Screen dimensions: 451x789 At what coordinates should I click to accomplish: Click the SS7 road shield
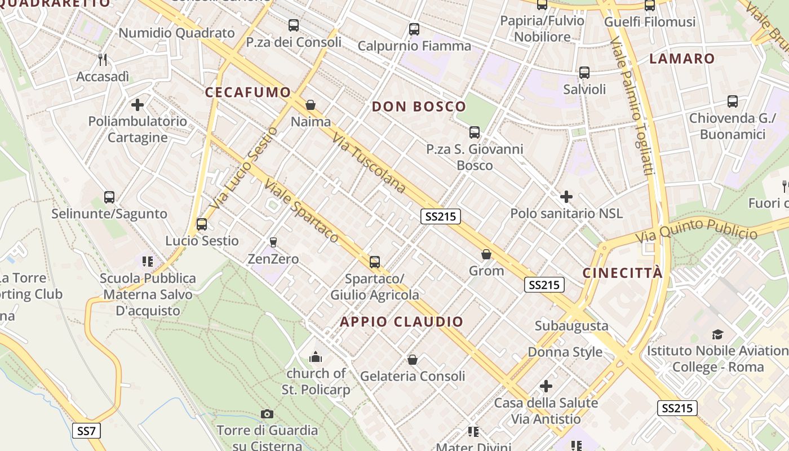(x=86, y=431)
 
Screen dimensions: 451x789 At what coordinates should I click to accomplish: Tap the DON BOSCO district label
(x=419, y=107)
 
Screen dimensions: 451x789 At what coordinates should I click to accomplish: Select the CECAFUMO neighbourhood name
(x=248, y=92)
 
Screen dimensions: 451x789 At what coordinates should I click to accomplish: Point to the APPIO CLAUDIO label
(x=402, y=322)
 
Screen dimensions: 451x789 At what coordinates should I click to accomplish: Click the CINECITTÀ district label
(x=622, y=273)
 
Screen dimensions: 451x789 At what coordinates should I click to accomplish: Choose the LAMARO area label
(x=682, y=59)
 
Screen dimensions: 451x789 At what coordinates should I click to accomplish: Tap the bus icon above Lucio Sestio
(x=202, y=224)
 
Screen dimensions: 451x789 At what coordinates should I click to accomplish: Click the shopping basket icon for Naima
(x=310, y=105)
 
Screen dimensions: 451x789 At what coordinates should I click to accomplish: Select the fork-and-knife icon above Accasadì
(x=103, y=59)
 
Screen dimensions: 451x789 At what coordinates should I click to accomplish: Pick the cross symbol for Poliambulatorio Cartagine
(x=138, y=105)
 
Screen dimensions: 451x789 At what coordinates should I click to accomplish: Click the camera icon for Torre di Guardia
(x=267, y=414)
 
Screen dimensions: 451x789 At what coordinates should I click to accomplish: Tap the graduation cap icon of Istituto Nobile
(x=717, y=334)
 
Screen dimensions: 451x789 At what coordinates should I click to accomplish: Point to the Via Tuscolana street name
(x=369, y=163)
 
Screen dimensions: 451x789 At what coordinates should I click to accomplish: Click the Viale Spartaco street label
(x=302, y=211)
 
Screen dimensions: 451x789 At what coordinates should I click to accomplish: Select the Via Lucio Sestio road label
(x=243, y=167)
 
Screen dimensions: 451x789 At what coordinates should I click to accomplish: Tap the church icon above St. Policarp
(x=316, y=357)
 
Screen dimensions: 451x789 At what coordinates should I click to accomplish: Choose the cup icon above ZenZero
(x=273, y=242)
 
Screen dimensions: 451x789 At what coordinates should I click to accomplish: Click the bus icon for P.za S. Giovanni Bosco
(x=475, y=132)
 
